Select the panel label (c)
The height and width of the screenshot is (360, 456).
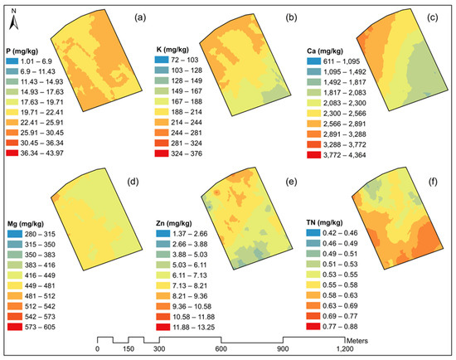click(x=432, y=16)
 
